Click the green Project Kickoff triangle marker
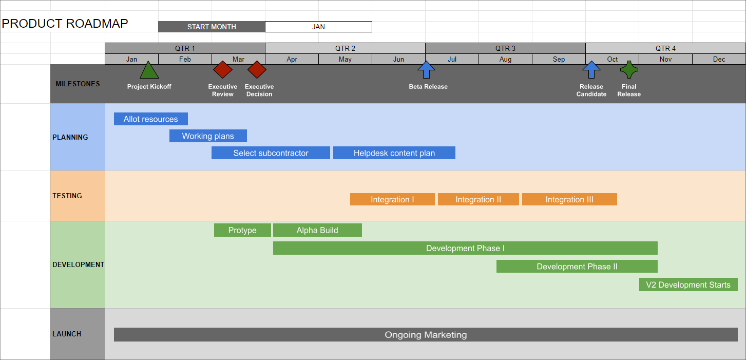click(149, 71)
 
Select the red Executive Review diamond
click(223, 69)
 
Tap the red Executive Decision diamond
click(257, 69)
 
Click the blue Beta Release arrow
click(426, 69)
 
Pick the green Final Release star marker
click(629, 69)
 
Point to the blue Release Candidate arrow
click(591, 69)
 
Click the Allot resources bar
click(150, 119)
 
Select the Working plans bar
click(208, 136)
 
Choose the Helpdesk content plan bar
click(394, 153)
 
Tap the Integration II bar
click(478, 199)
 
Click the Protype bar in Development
click(242, 230)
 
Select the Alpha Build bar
click(317, 230)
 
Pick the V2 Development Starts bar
click(688, 285)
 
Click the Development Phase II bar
click(577, 267)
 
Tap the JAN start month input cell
click(318, 27)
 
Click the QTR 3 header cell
click(505, 48)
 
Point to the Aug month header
click(505, 59)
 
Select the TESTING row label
click(67, 196)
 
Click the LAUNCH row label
click(67, 334)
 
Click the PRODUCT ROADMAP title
click(65, 24)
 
